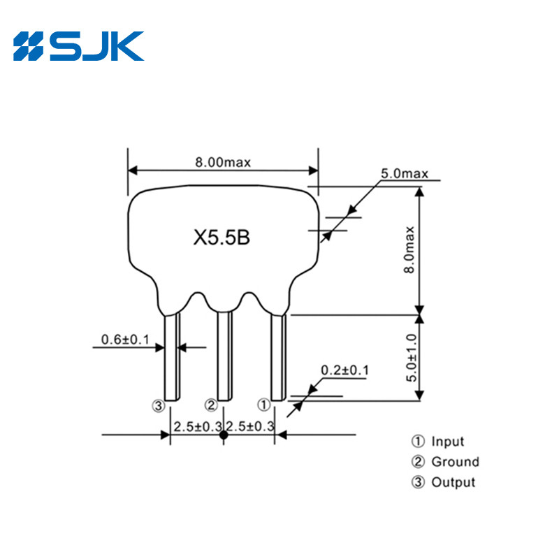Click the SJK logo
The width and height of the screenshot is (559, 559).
coord(78,46)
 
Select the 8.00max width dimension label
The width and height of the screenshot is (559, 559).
coord(223,162)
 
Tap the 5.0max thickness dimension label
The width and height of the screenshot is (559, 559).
coord(404,173)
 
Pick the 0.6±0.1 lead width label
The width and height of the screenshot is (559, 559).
coord(126,340)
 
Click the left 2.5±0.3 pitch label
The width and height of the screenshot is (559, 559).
coord(198,426)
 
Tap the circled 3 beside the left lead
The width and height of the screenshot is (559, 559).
coord(159,405)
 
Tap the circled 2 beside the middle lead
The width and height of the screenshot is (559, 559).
coord(211,405)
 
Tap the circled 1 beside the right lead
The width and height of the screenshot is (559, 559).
coord(263,405)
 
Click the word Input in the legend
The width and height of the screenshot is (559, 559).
coord(447,442)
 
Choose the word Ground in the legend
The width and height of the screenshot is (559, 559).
coord(455,462)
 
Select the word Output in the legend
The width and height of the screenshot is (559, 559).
coord(453,482)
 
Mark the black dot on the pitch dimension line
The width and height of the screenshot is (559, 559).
coord(224,435)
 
